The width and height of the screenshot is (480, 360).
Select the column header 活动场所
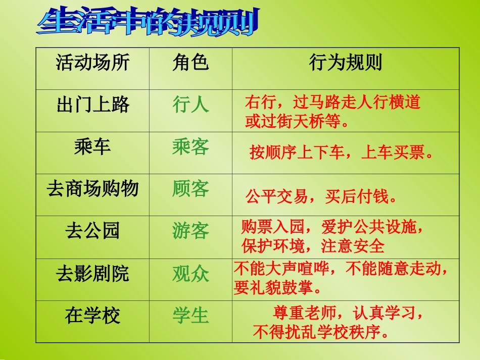[92, 63]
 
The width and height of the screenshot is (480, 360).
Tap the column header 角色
[190, 63]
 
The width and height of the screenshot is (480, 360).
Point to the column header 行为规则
[346, 63]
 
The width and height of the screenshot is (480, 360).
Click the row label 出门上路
[93, 105]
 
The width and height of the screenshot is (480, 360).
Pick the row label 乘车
[92, 147]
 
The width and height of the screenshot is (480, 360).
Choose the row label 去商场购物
[92, 189]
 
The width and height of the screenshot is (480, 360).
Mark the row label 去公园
[92, 231]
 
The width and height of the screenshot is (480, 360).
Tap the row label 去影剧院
[92, 274]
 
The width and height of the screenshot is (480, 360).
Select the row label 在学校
[92, 316]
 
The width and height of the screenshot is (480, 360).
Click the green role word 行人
[190, 105]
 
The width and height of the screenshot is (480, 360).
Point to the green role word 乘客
[190, 147]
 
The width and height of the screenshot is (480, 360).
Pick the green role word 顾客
[190, 189]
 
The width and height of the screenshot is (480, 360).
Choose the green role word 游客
[190, 231]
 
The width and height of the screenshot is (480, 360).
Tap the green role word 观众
[190, 274]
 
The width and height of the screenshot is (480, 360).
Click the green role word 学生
[190, 316]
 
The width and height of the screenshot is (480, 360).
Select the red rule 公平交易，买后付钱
[321, 197]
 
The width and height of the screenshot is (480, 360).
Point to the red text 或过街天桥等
[297, 122]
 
